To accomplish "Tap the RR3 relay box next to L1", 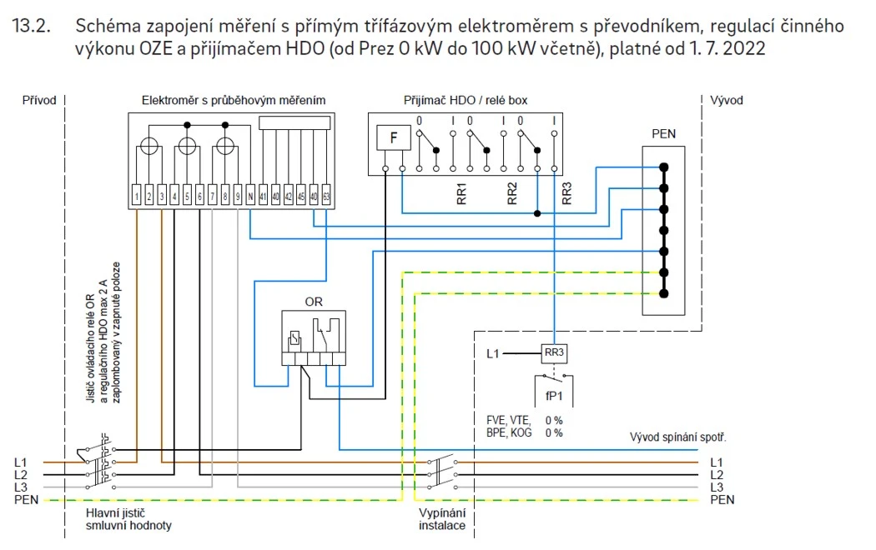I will click(x=555, y=354).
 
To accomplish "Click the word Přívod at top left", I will click(x=39, y=101).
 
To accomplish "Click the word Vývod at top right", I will click(x=727, y=101).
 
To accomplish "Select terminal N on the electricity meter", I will click(x=250, y=197).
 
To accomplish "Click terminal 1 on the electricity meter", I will click(x=136, y=197).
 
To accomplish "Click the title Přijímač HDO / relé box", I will click(x=465, y=101).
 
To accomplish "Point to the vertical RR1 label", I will click(x=462, y=193).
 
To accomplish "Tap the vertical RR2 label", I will click(x=512, y=193).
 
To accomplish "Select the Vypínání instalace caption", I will click(x=442, y=519).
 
